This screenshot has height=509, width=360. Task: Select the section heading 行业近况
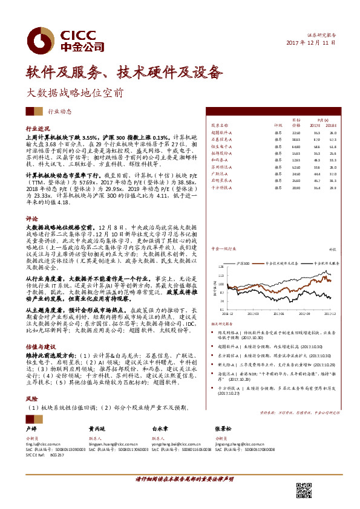[x=37, y=129]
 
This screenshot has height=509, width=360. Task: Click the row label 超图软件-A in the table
[x=221, y=133]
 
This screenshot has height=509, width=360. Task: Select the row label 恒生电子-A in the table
[x=221, y=146]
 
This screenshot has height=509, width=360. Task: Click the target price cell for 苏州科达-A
[x=296, y=166]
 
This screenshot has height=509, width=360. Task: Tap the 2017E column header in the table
[x=315, y=126]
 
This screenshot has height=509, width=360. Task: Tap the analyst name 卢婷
[x=32, y=428]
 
